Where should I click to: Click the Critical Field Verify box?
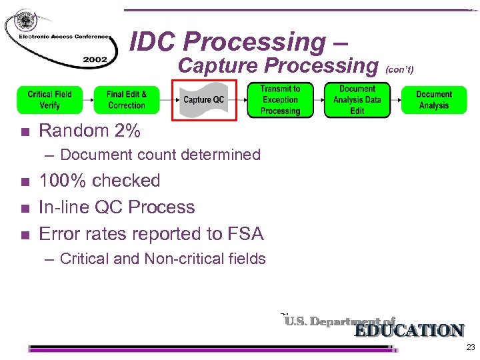pyautogui.click(x=50, y=100)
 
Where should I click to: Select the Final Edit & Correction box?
pyautogui.click(x=127, y=100)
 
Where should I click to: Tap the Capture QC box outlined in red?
pyautogui.click(x=204, y=100)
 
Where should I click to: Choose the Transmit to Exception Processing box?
pyautogui.click(x=281, y=100)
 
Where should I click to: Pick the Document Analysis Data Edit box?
pyautogui.click(x=357, y=100)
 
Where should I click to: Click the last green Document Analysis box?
pyautogui.click(x=434, y=100)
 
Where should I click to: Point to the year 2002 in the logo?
pyautogui.click(x=95, y=60)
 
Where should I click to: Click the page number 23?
pyautogui.click(x=471, y=347)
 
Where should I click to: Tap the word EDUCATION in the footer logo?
pyautogui.click(x=409, y=331)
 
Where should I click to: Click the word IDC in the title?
pyautogui.click(x=154, y=42)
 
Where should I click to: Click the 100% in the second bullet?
pyautogui.click(x=61, y=181)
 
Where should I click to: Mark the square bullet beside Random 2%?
pyautogui.click(x=25, y=132)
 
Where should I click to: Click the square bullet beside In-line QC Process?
pyautogui.click(x=25, y=208)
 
